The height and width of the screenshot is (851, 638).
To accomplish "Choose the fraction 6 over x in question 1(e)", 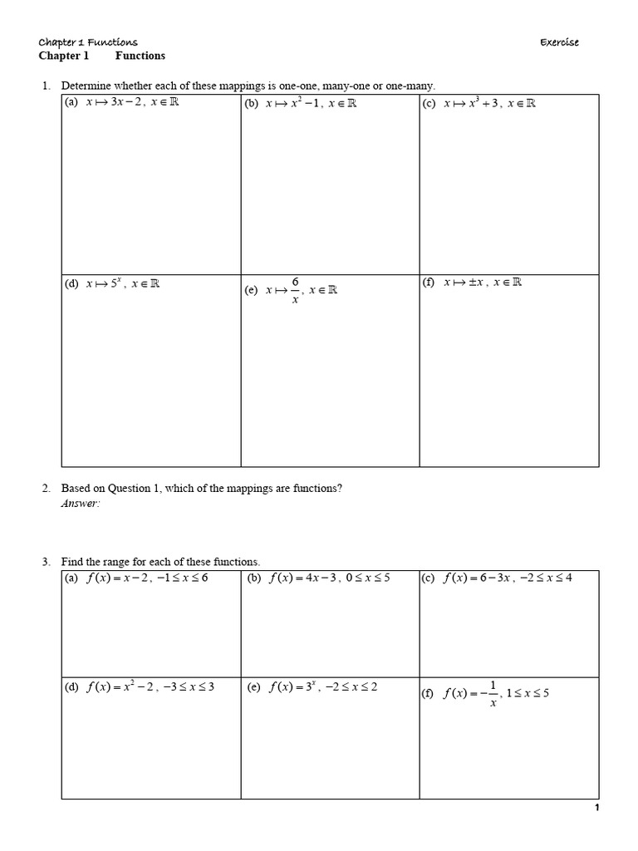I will click(294, 290).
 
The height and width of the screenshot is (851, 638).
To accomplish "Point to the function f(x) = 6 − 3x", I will click(475, 578).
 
